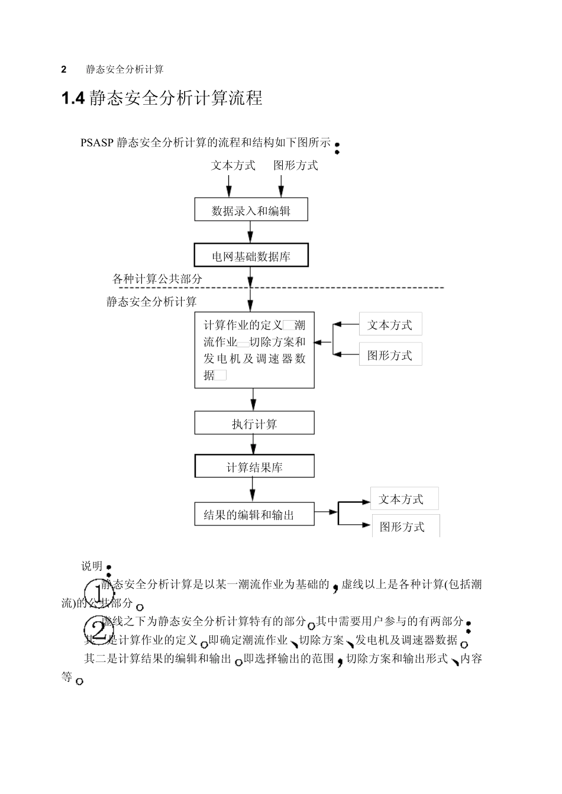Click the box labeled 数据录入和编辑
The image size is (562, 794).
pos(251,209)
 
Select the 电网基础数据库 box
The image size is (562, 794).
pos(251,256)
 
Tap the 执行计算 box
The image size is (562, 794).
pos(254,424)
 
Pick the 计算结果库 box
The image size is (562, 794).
pos(254,467)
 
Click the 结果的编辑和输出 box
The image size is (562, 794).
pos(254,514)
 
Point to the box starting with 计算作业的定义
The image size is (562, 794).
pos(254,350)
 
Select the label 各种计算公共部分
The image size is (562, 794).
pos(157,278)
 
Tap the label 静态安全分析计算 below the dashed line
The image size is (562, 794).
pos(151,302)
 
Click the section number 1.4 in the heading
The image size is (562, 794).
pos(74,98)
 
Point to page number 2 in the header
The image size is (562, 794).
pos(64,69)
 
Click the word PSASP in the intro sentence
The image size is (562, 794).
pos(98,143)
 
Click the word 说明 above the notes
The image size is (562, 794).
pos(92,566)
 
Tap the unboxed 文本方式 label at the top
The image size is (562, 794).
pos(233,166)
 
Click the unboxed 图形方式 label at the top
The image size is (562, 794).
pos(295,166)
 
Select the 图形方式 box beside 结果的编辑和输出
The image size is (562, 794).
pos(405,526)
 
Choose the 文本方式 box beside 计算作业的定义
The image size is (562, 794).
pos(390,324)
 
